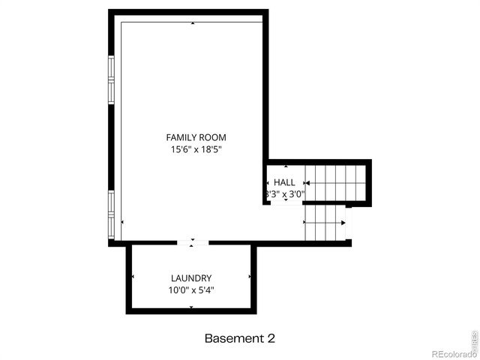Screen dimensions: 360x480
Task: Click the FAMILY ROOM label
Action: [x=196, y=137]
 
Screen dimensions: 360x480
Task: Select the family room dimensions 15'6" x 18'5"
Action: [x=196, y=150]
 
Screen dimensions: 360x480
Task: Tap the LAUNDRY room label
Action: [x=190, y=277]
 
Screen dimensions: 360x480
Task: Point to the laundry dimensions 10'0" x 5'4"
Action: [x=190, y=290]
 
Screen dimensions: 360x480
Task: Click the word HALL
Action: [x=284, y=182]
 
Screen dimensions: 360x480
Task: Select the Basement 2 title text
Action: [x=240, y=338]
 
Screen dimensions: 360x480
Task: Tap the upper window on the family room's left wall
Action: [x=111, y=79]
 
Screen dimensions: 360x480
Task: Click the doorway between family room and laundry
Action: [x=193, y=242]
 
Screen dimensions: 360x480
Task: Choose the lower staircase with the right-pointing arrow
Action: [x=324, y=222]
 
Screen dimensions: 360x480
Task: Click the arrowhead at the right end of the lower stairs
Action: [x=343, y=222]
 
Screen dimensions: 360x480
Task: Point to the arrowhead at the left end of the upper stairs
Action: [x=307, y=182]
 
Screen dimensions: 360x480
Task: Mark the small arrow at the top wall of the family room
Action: [x=193, y=24]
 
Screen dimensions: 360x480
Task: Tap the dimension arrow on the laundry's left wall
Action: [x=133, y=277]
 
